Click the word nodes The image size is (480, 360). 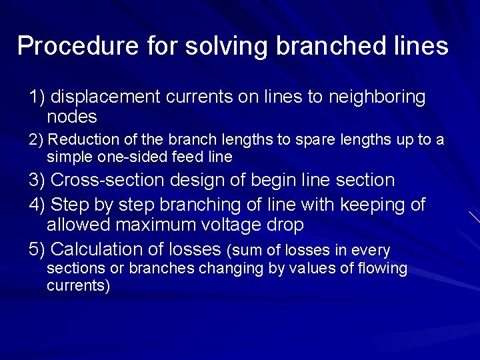pos(72,117)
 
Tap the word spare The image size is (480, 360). pos(303,140)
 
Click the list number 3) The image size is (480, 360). pos(37,180)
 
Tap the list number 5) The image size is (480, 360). pos(37,249)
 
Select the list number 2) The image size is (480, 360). pos(36,140)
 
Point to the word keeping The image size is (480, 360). pos(367,205)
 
